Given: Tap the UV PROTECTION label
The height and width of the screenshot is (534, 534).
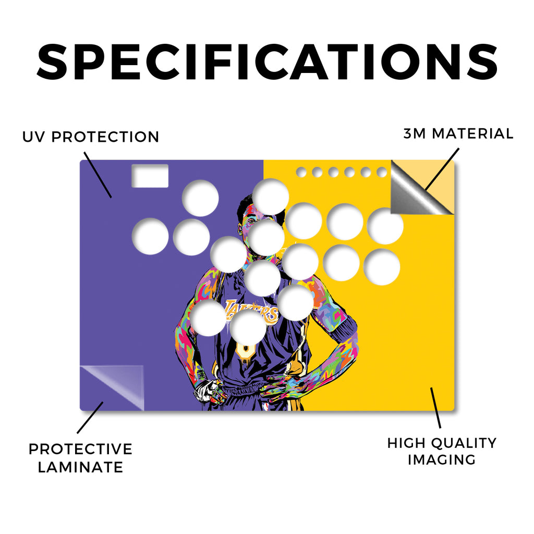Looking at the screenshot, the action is click(91, 137).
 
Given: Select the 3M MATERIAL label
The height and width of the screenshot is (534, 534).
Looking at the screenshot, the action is click(458, 133).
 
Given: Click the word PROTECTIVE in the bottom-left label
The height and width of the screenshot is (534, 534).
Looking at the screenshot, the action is click(80, 449).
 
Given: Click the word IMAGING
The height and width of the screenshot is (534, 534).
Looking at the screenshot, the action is click(442, 460).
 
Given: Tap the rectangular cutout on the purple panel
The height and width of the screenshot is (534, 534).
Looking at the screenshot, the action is click(150, 176).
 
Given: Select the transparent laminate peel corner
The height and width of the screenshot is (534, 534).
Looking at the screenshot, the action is click(113, 387).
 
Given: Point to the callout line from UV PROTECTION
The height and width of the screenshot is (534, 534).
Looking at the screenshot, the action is click(98, 175).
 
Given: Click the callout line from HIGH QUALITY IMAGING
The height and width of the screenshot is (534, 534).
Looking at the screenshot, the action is click(435, 408).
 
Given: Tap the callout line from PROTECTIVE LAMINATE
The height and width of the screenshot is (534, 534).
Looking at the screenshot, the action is click(90, 418).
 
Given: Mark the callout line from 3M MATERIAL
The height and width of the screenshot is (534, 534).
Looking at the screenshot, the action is click(442, 169).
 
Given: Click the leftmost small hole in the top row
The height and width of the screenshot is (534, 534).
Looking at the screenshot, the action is click(301, 172).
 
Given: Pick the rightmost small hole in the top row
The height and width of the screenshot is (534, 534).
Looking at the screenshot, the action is click(382, 172).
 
